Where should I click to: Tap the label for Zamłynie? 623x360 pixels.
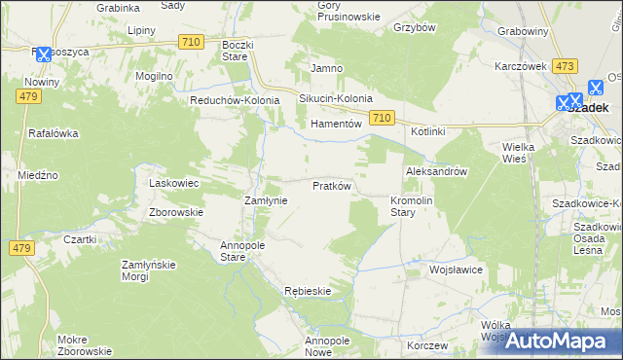click(264, 199)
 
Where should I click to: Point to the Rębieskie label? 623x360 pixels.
click(308, 291)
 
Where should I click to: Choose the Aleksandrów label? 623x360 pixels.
click(437, 170)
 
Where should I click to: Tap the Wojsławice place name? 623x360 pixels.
click(456, 270)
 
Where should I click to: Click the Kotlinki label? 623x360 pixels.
click(427, 131)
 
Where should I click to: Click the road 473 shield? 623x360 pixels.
click(564, 65)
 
